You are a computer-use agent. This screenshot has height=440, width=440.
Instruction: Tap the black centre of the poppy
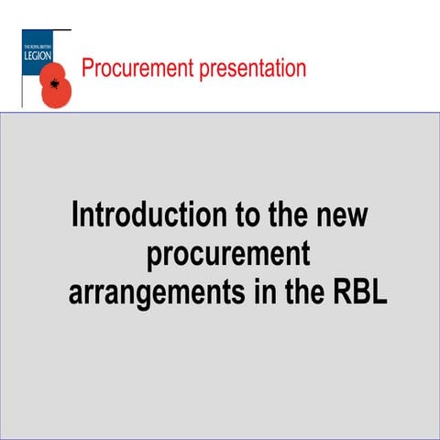point(57,86)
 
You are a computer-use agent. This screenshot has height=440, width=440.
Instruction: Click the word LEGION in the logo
point(41,55)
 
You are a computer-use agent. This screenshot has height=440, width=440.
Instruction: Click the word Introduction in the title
point(148,216)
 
